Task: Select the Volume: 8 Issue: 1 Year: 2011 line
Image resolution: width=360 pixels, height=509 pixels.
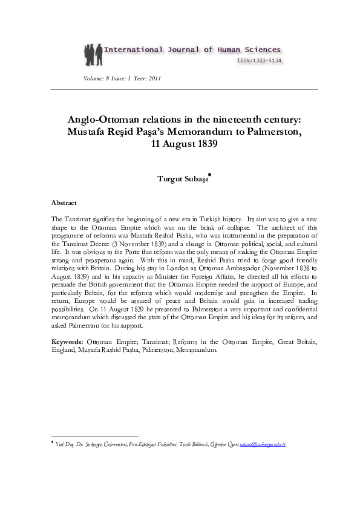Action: coord(122,79)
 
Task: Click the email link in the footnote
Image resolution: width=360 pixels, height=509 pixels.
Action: coord(263,445)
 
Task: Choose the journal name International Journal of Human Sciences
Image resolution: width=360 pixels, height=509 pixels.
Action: coord(192,50)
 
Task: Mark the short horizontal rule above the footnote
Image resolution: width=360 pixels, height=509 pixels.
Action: coord(95,435)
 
